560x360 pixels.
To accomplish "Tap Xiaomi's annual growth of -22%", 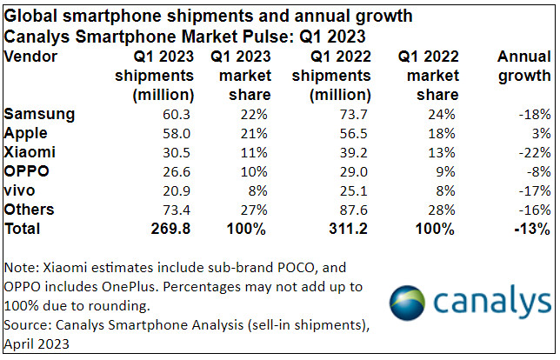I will point(533,152).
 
